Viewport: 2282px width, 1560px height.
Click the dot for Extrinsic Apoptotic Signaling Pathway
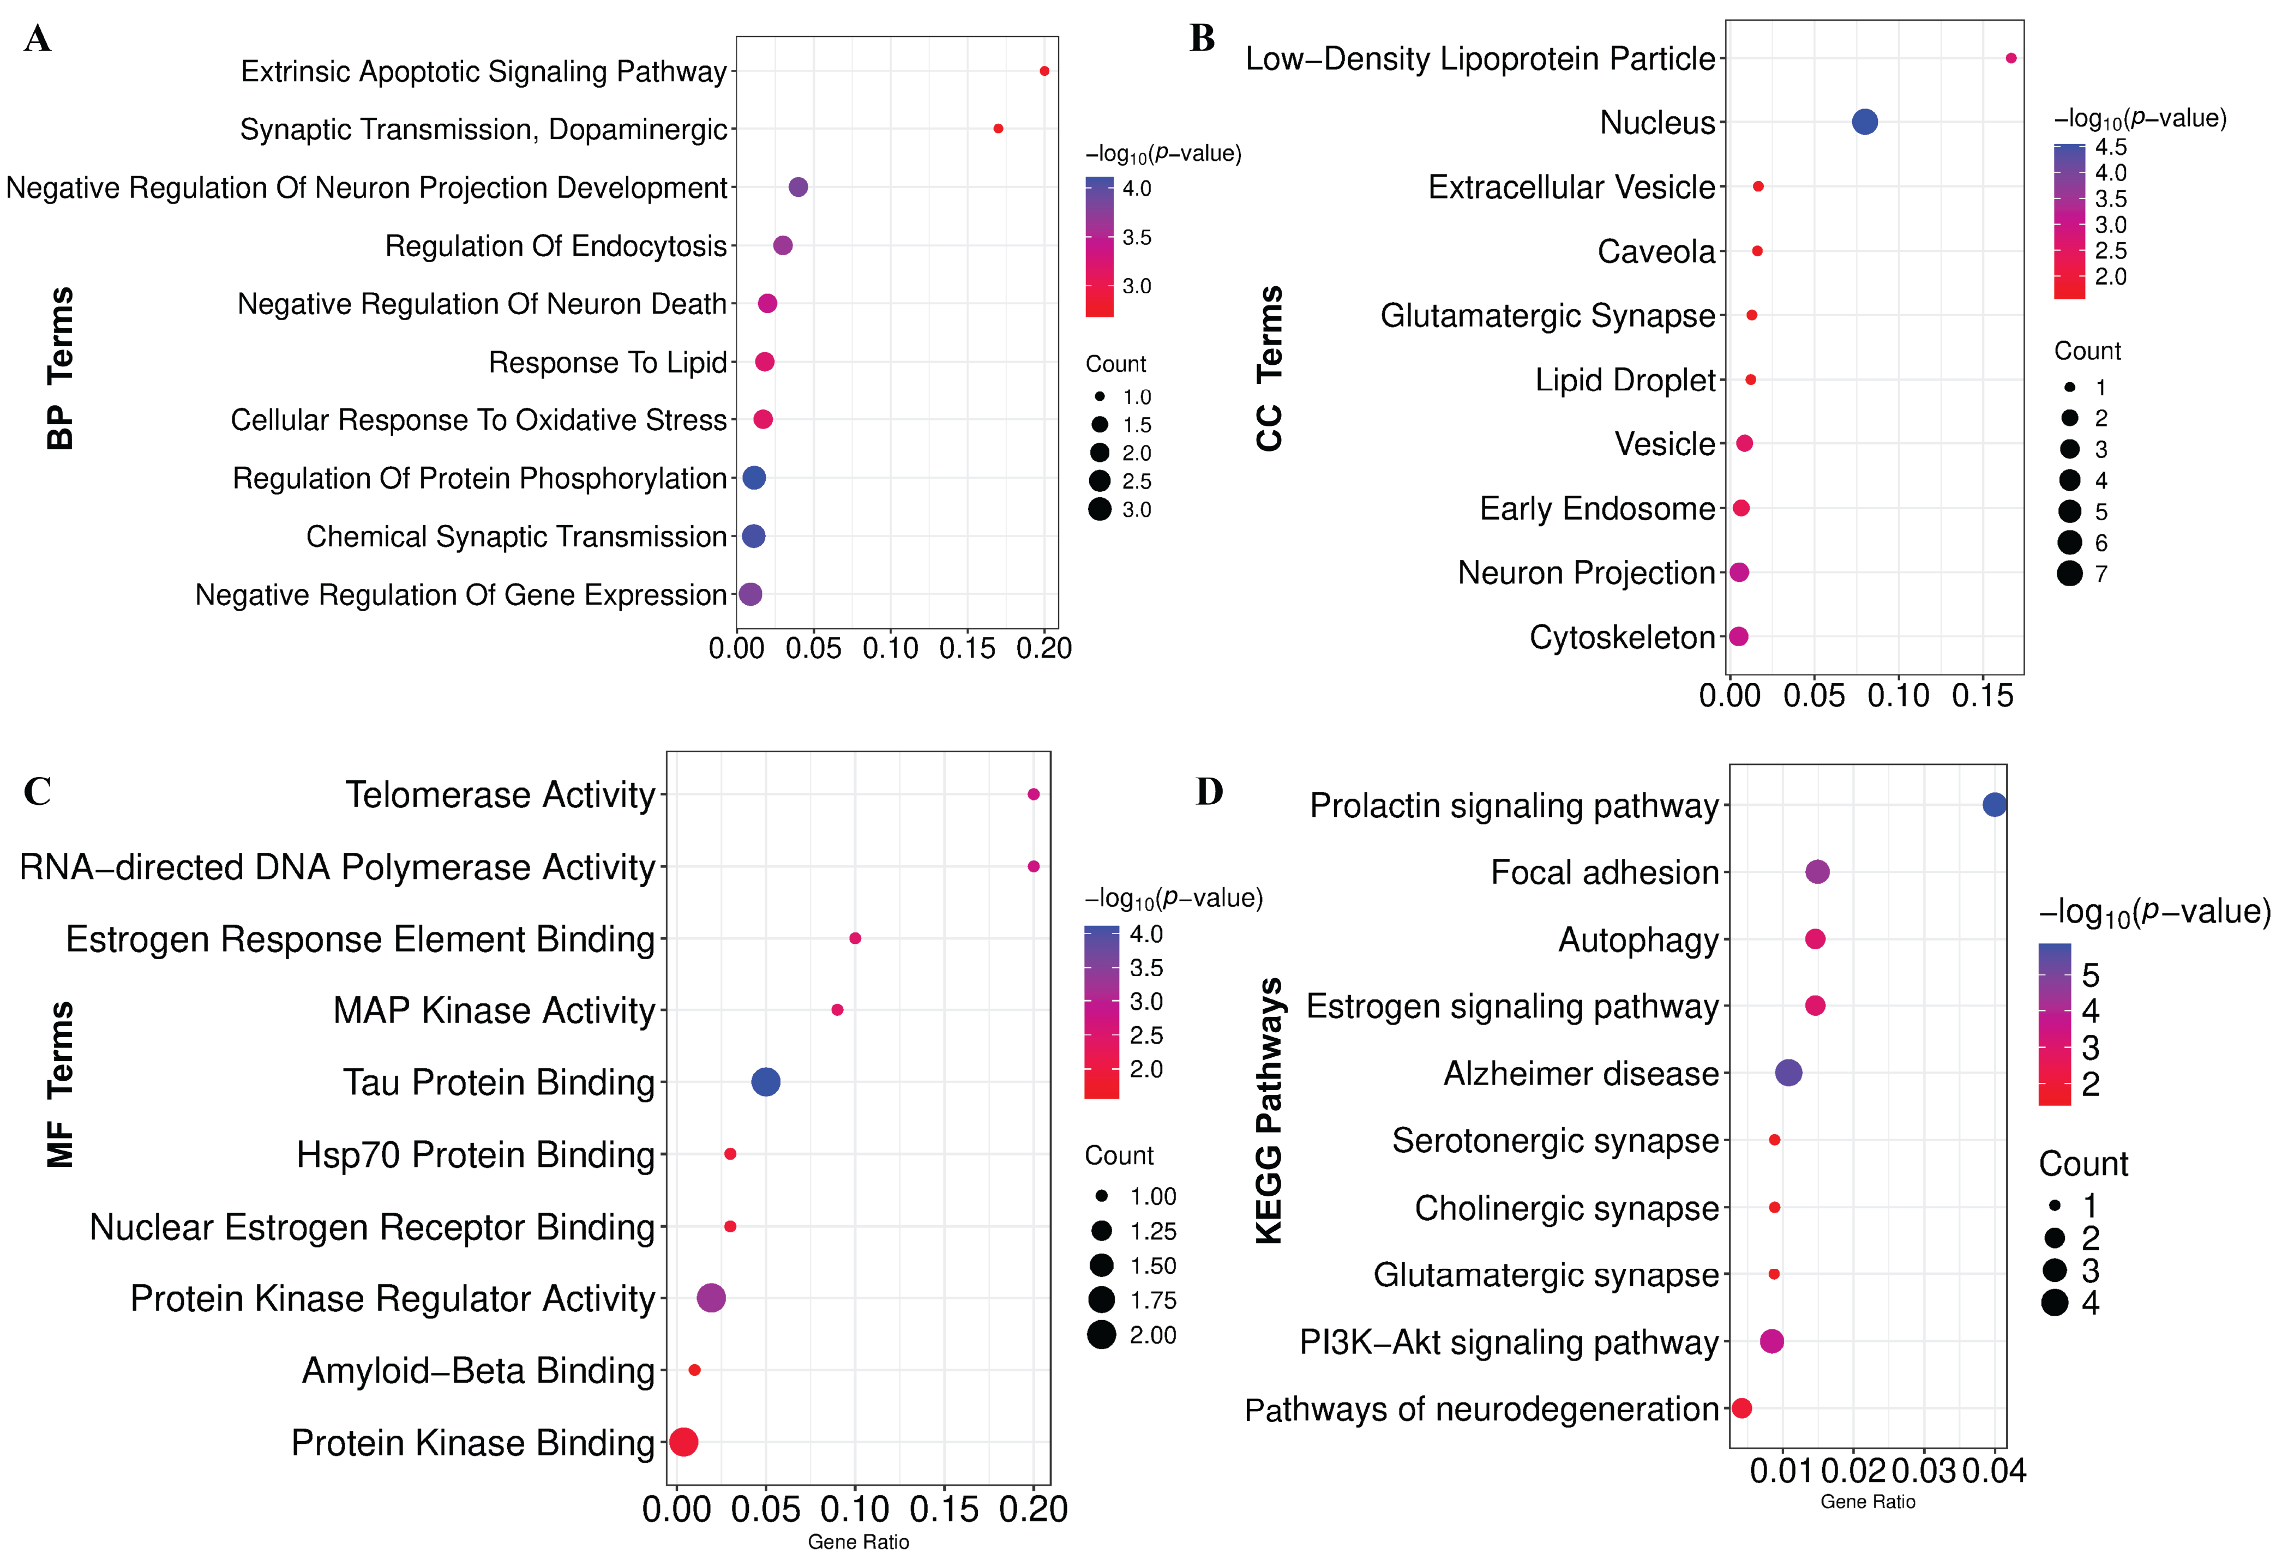pyautogui.click(x=1044, y=71)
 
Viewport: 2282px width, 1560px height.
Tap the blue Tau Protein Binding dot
pyautogui.click(x=766, y=1082)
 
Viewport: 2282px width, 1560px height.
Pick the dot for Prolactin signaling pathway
pyautogui.click(x=1994, y=805)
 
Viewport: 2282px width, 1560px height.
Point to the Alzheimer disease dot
pyautogui.click(x=1789, y=1073)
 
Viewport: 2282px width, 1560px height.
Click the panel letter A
pyautogui.click(x=37, y=39)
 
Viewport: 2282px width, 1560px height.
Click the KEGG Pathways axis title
pyautogui.click(x=1269, y=1110)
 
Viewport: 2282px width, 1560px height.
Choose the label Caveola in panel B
pyautogui.click(x=1655, y=251)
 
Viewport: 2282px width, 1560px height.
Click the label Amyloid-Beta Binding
pyautogui.click(x=478, y=1371)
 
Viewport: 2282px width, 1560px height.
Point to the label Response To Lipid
pyautogui.click(x=608, y=362)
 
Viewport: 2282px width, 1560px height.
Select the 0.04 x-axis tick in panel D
pyautogui.click(x=1994, y=1471)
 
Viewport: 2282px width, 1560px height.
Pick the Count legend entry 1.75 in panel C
pyautogui.click(x=1132, y=1300)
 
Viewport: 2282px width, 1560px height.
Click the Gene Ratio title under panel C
pyautogui.click(x=858, y=1541)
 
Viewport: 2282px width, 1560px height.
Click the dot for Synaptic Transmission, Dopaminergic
pyautogui.click(x=998, y=129)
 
